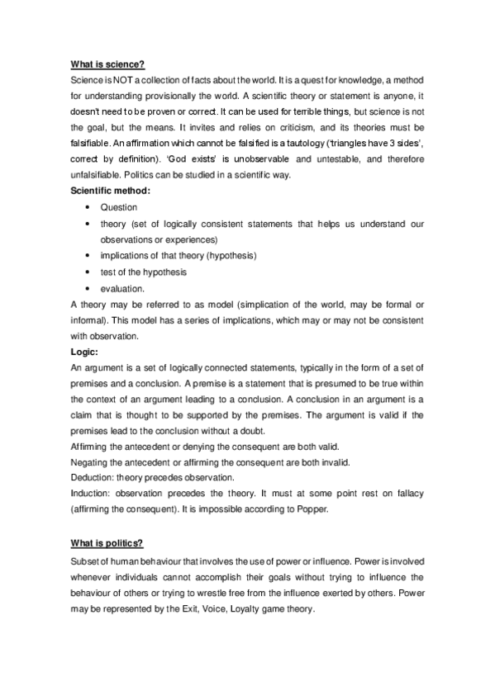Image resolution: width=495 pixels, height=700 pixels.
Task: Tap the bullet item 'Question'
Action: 119,207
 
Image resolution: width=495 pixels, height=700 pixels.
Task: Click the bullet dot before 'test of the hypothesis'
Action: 87,272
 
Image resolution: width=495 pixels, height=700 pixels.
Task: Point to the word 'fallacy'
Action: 407,493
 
